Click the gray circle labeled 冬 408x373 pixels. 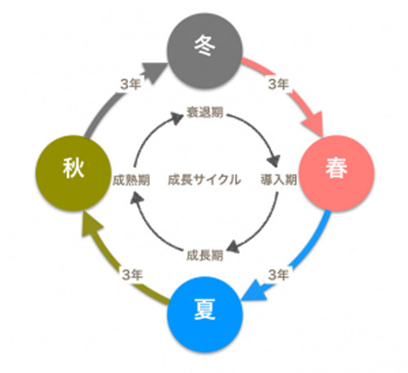(x=205, y=51)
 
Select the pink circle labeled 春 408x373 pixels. (x=336, y=173)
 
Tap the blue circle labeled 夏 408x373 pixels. (x=205, y=314)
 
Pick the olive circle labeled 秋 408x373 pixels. (x=73, y=173)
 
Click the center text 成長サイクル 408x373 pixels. (x=205, y=180)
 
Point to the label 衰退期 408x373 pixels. (x=205, y=112)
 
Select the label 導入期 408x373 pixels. (x=279, y=180)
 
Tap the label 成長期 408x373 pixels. (x=205, y=255)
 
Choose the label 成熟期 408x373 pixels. (x=131, y=180)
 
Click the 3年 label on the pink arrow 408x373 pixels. (x=278, y=84)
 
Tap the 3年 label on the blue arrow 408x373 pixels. (x=278, y=275)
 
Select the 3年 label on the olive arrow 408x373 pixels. (x=132, y=275)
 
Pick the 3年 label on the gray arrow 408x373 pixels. (x=131, y=84)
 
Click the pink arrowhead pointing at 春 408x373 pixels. (x=313, y=122)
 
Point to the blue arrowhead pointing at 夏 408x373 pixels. (x=254, y=291)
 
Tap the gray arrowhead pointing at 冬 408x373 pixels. (x=153, y=72)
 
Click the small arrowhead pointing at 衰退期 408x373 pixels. (x=178, y=118)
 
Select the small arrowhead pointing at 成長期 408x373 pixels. (x=233, y=247)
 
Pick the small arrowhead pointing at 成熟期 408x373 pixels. (x=136, y=198)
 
